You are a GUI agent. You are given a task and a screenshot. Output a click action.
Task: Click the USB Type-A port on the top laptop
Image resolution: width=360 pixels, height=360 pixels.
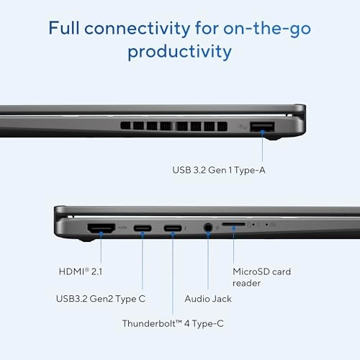(x=262, y=127)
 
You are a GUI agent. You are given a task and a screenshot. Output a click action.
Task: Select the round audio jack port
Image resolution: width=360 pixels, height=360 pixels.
(x=208, y=228)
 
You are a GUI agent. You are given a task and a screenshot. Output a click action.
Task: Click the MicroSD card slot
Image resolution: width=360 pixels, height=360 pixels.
(x=233, y=225)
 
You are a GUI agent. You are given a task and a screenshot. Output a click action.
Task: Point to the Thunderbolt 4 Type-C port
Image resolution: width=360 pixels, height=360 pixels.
(x=173, y=229)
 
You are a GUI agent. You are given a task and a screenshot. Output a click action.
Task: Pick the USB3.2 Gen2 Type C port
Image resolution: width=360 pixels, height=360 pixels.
(x=142, y=229)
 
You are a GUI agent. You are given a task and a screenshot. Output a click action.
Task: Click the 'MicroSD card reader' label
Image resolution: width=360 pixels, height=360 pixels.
(x=261, y=277)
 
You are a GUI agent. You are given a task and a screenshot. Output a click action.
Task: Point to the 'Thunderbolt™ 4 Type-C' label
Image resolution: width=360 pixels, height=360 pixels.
(x=173, y=323)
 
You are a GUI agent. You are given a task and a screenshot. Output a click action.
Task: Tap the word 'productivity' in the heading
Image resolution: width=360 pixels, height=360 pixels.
(x=179, y=53)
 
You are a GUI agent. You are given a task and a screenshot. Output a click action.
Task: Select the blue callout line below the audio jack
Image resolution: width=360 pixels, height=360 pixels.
(x=208, y=259)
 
